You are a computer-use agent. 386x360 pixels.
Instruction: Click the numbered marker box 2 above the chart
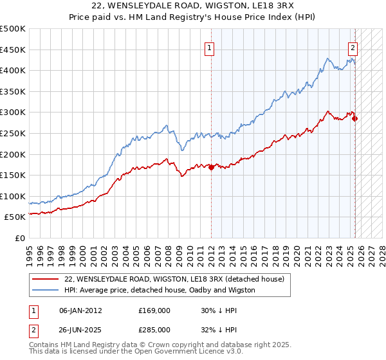point(353,47)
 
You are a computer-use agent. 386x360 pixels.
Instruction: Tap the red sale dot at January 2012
point(211,167)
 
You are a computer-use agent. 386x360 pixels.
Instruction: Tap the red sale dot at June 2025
point(354,118)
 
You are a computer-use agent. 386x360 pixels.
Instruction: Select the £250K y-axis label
point(13,133)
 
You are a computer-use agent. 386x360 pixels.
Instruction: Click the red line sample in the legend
point(45,278)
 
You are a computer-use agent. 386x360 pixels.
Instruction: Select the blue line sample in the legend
point(45,290)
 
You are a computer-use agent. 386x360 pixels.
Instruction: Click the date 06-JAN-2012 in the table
point(80,310)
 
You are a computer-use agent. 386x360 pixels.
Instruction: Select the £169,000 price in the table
point(154,310)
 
